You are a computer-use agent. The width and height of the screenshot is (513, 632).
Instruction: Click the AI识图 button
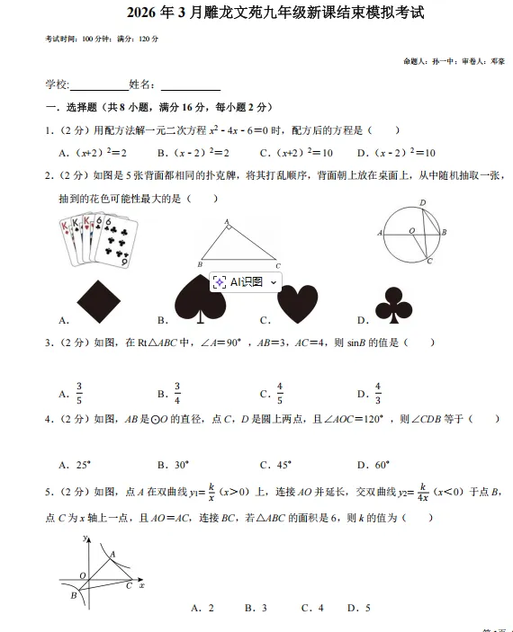[x=246, y=281]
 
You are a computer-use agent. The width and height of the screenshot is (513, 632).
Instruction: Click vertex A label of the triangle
[x=226, y=220]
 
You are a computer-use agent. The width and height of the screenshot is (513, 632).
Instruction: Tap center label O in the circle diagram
[x=411, y=231]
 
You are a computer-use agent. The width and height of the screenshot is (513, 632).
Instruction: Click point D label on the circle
[x=423, y=203]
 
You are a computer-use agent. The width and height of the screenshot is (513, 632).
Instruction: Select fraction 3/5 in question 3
[x=79, y=393]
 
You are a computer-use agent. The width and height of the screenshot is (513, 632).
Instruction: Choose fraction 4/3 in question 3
[x=378, y=393]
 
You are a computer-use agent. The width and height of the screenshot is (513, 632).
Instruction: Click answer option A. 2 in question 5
[x=202, y=608]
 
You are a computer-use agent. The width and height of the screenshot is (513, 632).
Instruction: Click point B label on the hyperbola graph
[x=72, y=596]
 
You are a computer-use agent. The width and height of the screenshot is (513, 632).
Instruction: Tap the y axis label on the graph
[x=83, y=538]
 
